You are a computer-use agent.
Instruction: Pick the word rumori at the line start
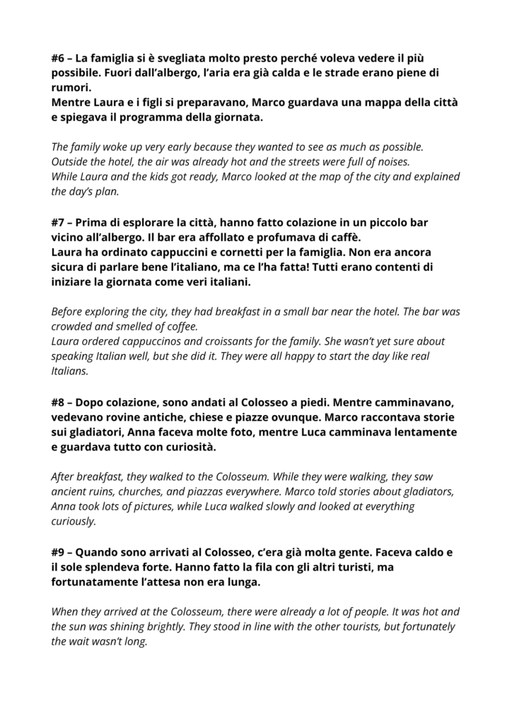(x=71, y=88)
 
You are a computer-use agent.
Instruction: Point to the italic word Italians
(x=69, y=370)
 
